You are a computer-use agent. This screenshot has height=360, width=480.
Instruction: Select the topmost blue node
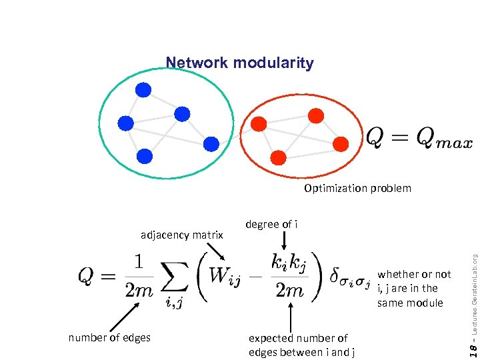[x=143, y=89]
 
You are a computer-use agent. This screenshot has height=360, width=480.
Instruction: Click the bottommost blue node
[x=145, y=156]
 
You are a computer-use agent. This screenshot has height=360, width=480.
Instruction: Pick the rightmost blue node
[x=211, y=143]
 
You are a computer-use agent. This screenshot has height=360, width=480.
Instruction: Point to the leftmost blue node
[x=125, y=123]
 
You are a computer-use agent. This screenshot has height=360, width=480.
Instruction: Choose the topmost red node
[x=316, y=116]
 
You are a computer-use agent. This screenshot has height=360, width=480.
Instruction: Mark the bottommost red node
[x=279, y=157]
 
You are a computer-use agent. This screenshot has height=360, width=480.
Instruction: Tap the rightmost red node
[x=340, y=143]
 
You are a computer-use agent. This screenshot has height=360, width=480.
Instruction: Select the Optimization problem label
[x=357, y=188]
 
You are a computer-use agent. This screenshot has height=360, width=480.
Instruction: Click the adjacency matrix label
[x=181, y=235]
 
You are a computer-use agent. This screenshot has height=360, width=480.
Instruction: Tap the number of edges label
[x=109, y=337]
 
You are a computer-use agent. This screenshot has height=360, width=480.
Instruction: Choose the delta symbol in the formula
[x=335, y=275]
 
